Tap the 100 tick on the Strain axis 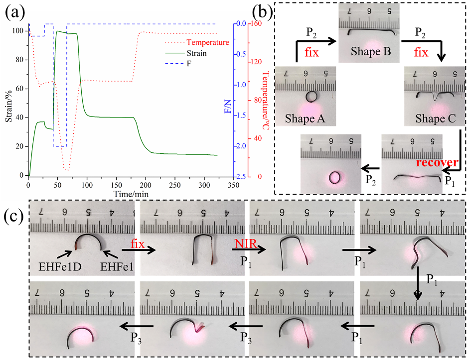pos(20,31)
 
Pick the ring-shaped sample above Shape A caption pos(313,96)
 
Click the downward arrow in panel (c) pos(418,289)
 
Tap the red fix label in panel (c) pos(137,244)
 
